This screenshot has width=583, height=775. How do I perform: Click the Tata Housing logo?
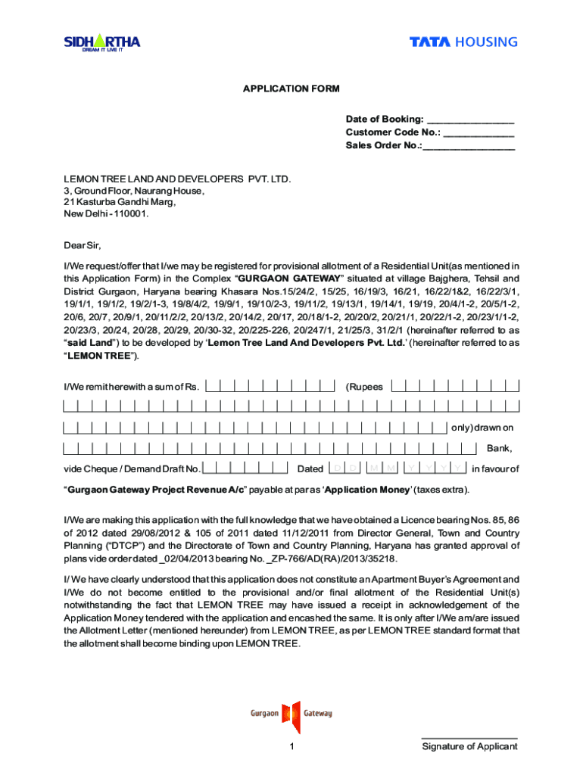(x=463, y=42)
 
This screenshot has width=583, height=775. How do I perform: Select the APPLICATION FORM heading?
(x=291, y=89)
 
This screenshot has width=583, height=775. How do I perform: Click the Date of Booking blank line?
(x=470, y=120)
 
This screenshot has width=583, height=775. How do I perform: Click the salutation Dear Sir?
(x=82, y=246)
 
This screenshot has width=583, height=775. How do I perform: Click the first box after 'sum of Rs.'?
(x=214, y=386)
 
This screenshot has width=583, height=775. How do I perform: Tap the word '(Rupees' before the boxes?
(x=364, y=387)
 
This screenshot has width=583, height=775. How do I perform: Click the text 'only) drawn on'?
(x=482, y=428)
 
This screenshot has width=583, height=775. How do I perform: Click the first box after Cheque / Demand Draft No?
(x=210, y=468)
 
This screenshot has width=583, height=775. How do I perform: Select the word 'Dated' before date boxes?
(x=310, y=469)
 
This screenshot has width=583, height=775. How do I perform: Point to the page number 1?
(x=291, y=747)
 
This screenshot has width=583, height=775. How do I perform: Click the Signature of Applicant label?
(x=469, y=747)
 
